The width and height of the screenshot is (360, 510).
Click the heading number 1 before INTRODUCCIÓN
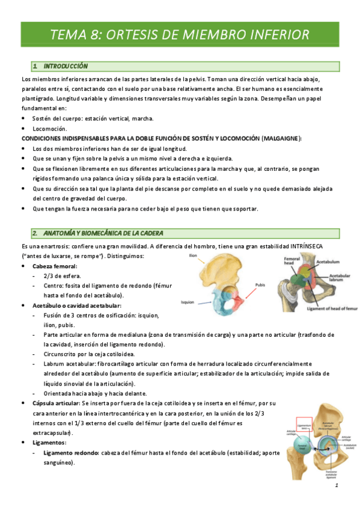[x=35, y=66]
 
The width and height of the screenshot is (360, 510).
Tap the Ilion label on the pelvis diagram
[x=193, y=256]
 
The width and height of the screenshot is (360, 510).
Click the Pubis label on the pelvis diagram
[x=260, y=286]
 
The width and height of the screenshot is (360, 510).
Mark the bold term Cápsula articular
[x=55, y=402]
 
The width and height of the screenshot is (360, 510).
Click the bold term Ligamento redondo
[x=72, y=453]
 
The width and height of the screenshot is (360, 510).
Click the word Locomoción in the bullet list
[x=50, y=129]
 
